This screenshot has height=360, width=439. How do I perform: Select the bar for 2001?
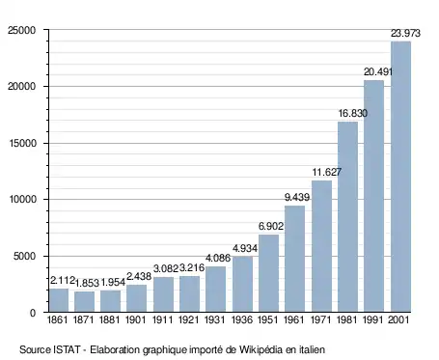point(400,177)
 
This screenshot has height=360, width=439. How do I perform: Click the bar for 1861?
point(59,300)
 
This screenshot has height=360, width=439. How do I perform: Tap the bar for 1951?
point(268,273)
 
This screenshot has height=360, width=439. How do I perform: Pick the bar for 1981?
point(347,217)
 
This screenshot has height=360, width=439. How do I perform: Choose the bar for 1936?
point(242,284)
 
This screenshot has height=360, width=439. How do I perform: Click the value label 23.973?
point(405,33)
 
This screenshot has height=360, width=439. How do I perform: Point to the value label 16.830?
point(353,113)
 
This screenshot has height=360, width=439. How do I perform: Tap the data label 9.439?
point(297,197)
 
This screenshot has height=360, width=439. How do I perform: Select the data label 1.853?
point(87,283)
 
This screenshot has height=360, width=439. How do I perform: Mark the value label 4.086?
point(218,258)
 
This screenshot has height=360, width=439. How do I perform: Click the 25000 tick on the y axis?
point(21,30)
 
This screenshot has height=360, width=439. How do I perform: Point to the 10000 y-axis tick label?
point(21,200)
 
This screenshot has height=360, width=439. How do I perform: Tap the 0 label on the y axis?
point(33,313)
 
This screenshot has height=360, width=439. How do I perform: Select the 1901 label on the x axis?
point(136,320)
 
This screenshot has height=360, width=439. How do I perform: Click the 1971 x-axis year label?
point(320,320)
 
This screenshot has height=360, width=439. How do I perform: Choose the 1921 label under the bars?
point(188,320)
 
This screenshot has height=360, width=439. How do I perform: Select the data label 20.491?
point(378,71)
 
